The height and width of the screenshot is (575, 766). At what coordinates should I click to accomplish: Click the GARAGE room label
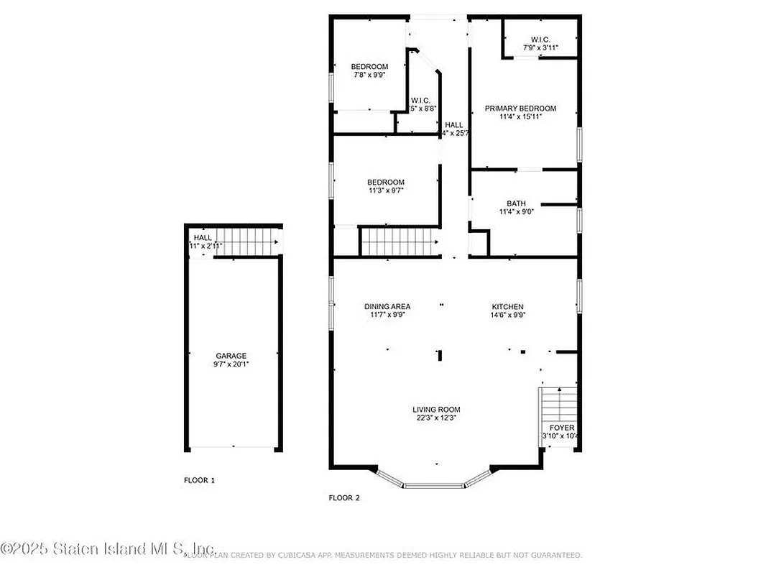click(x=231, y=356)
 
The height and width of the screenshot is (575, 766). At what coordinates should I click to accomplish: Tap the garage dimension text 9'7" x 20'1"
click(x=231, y=364)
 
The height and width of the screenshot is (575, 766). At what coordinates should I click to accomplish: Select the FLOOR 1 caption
click(x=199, y=480)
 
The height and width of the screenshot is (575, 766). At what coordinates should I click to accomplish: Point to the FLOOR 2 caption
click(x=344, y=497)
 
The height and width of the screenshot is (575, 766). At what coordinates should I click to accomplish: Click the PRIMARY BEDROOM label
click(x=520, y=109)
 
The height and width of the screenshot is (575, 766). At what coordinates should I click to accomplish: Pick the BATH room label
click(x=516, y=203)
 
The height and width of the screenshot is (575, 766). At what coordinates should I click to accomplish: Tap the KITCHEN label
click(x=507, y=306)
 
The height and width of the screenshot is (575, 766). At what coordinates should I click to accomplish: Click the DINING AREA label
click(x=387, y=306)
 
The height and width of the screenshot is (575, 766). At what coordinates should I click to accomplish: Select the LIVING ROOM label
click(x=436, y=410)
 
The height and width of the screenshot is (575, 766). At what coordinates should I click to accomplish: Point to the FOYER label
click(x=562, y=428)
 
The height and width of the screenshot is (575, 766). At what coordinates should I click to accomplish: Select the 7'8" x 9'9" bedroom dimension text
click(x=369, y=75)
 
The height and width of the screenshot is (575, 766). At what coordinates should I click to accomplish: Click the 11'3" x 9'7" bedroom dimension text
click(x=387, y=190)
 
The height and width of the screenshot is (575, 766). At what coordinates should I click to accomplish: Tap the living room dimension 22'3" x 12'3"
click(x=436, y=418)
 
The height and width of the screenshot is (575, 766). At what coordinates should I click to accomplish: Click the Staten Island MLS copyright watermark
click(x=108, y=549)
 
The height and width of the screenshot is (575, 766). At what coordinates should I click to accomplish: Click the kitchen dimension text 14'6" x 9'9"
click(x=507, y=315)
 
